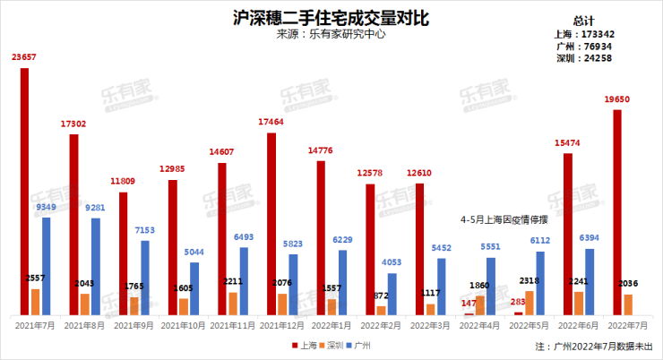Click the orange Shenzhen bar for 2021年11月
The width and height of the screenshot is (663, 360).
tap(233, 303)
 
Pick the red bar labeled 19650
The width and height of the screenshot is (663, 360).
tap(617, 211)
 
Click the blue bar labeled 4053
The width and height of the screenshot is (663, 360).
tap(392, 293)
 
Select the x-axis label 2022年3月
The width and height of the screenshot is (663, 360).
tap(418, 325)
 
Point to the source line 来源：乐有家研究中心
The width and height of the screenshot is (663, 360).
tap(331, 35)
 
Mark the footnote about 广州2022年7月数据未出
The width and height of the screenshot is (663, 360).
tap(593, 345)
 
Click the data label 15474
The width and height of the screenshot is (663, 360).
tap(566, 142)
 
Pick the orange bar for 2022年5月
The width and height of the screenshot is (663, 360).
tap(529, 302)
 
